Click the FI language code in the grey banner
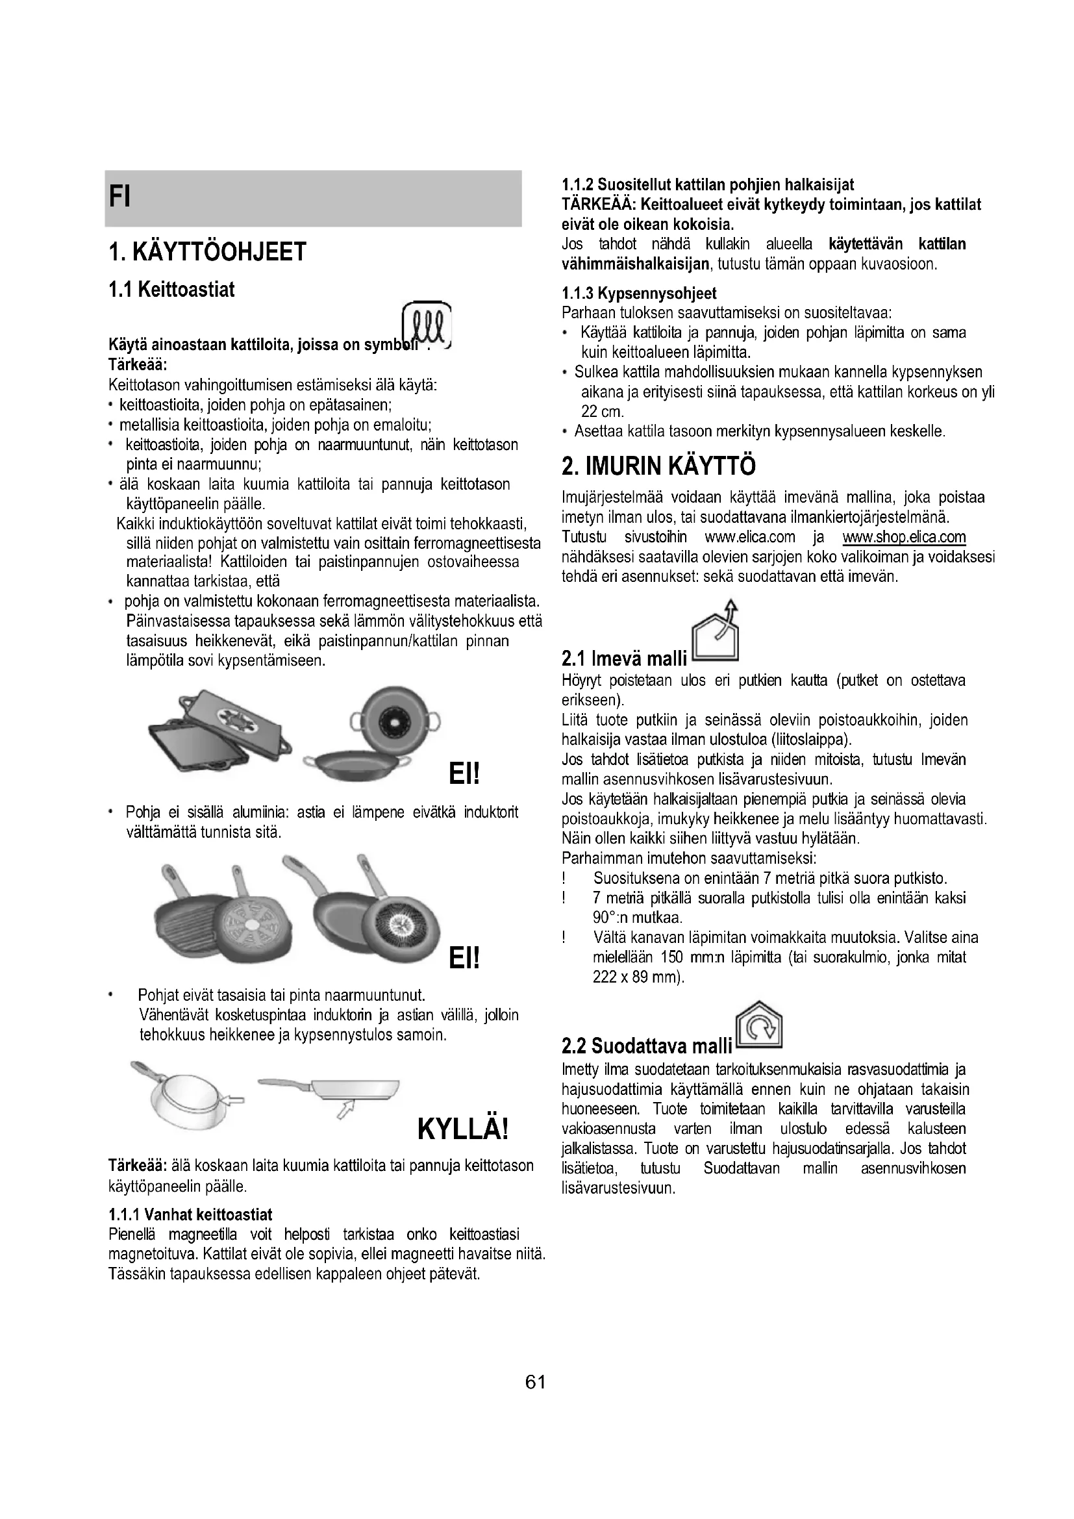click(119, 197)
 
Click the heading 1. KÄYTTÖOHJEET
click(207, 252)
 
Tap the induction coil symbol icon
click(427, 325)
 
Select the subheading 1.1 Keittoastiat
click(171, 290)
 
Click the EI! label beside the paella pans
click(464, 773)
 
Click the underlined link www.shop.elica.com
click(904, 536)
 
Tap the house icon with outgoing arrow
click(715, 633)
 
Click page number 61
click(535, 1382)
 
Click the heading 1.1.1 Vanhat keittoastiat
click(190, 1214)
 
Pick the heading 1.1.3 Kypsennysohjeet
click(639, 293)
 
